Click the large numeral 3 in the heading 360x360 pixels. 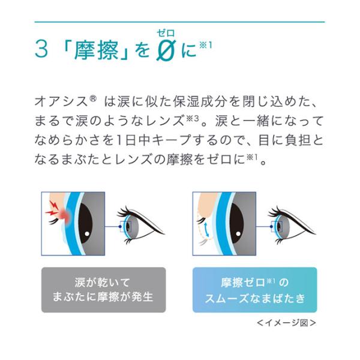tap(41, 50)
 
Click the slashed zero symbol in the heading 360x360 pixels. tap(166, 50)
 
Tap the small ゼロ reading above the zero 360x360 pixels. tap(166, 34)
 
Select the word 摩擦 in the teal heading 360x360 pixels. tap(96, 50)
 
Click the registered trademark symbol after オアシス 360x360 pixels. tap(93, 99)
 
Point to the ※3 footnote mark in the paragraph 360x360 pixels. tap(192, 119)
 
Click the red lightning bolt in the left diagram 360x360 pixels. tap(53, 208)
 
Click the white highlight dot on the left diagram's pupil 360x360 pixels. tap(87, 234)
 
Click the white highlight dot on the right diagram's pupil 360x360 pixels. tap(238, 234)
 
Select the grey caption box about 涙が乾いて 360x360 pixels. tap(104, 290)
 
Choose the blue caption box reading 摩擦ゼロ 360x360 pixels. tap(254, 290)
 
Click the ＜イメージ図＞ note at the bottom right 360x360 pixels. tap(286, 323)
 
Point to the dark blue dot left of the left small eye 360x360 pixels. tap(120, 227)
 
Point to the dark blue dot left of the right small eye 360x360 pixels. tap(271, 227)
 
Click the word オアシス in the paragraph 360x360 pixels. tap(61, 102)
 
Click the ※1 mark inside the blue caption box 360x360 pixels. tap(271, 281)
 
